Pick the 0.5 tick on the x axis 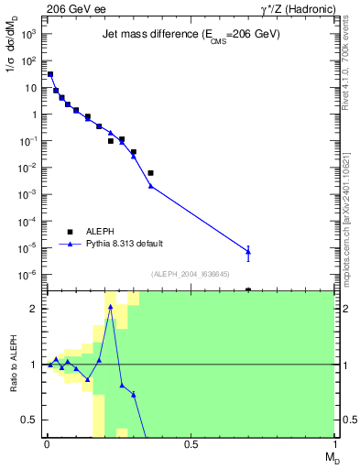(191, 444)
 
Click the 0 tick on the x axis (47, 444)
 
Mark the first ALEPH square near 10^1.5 (50, 74)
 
